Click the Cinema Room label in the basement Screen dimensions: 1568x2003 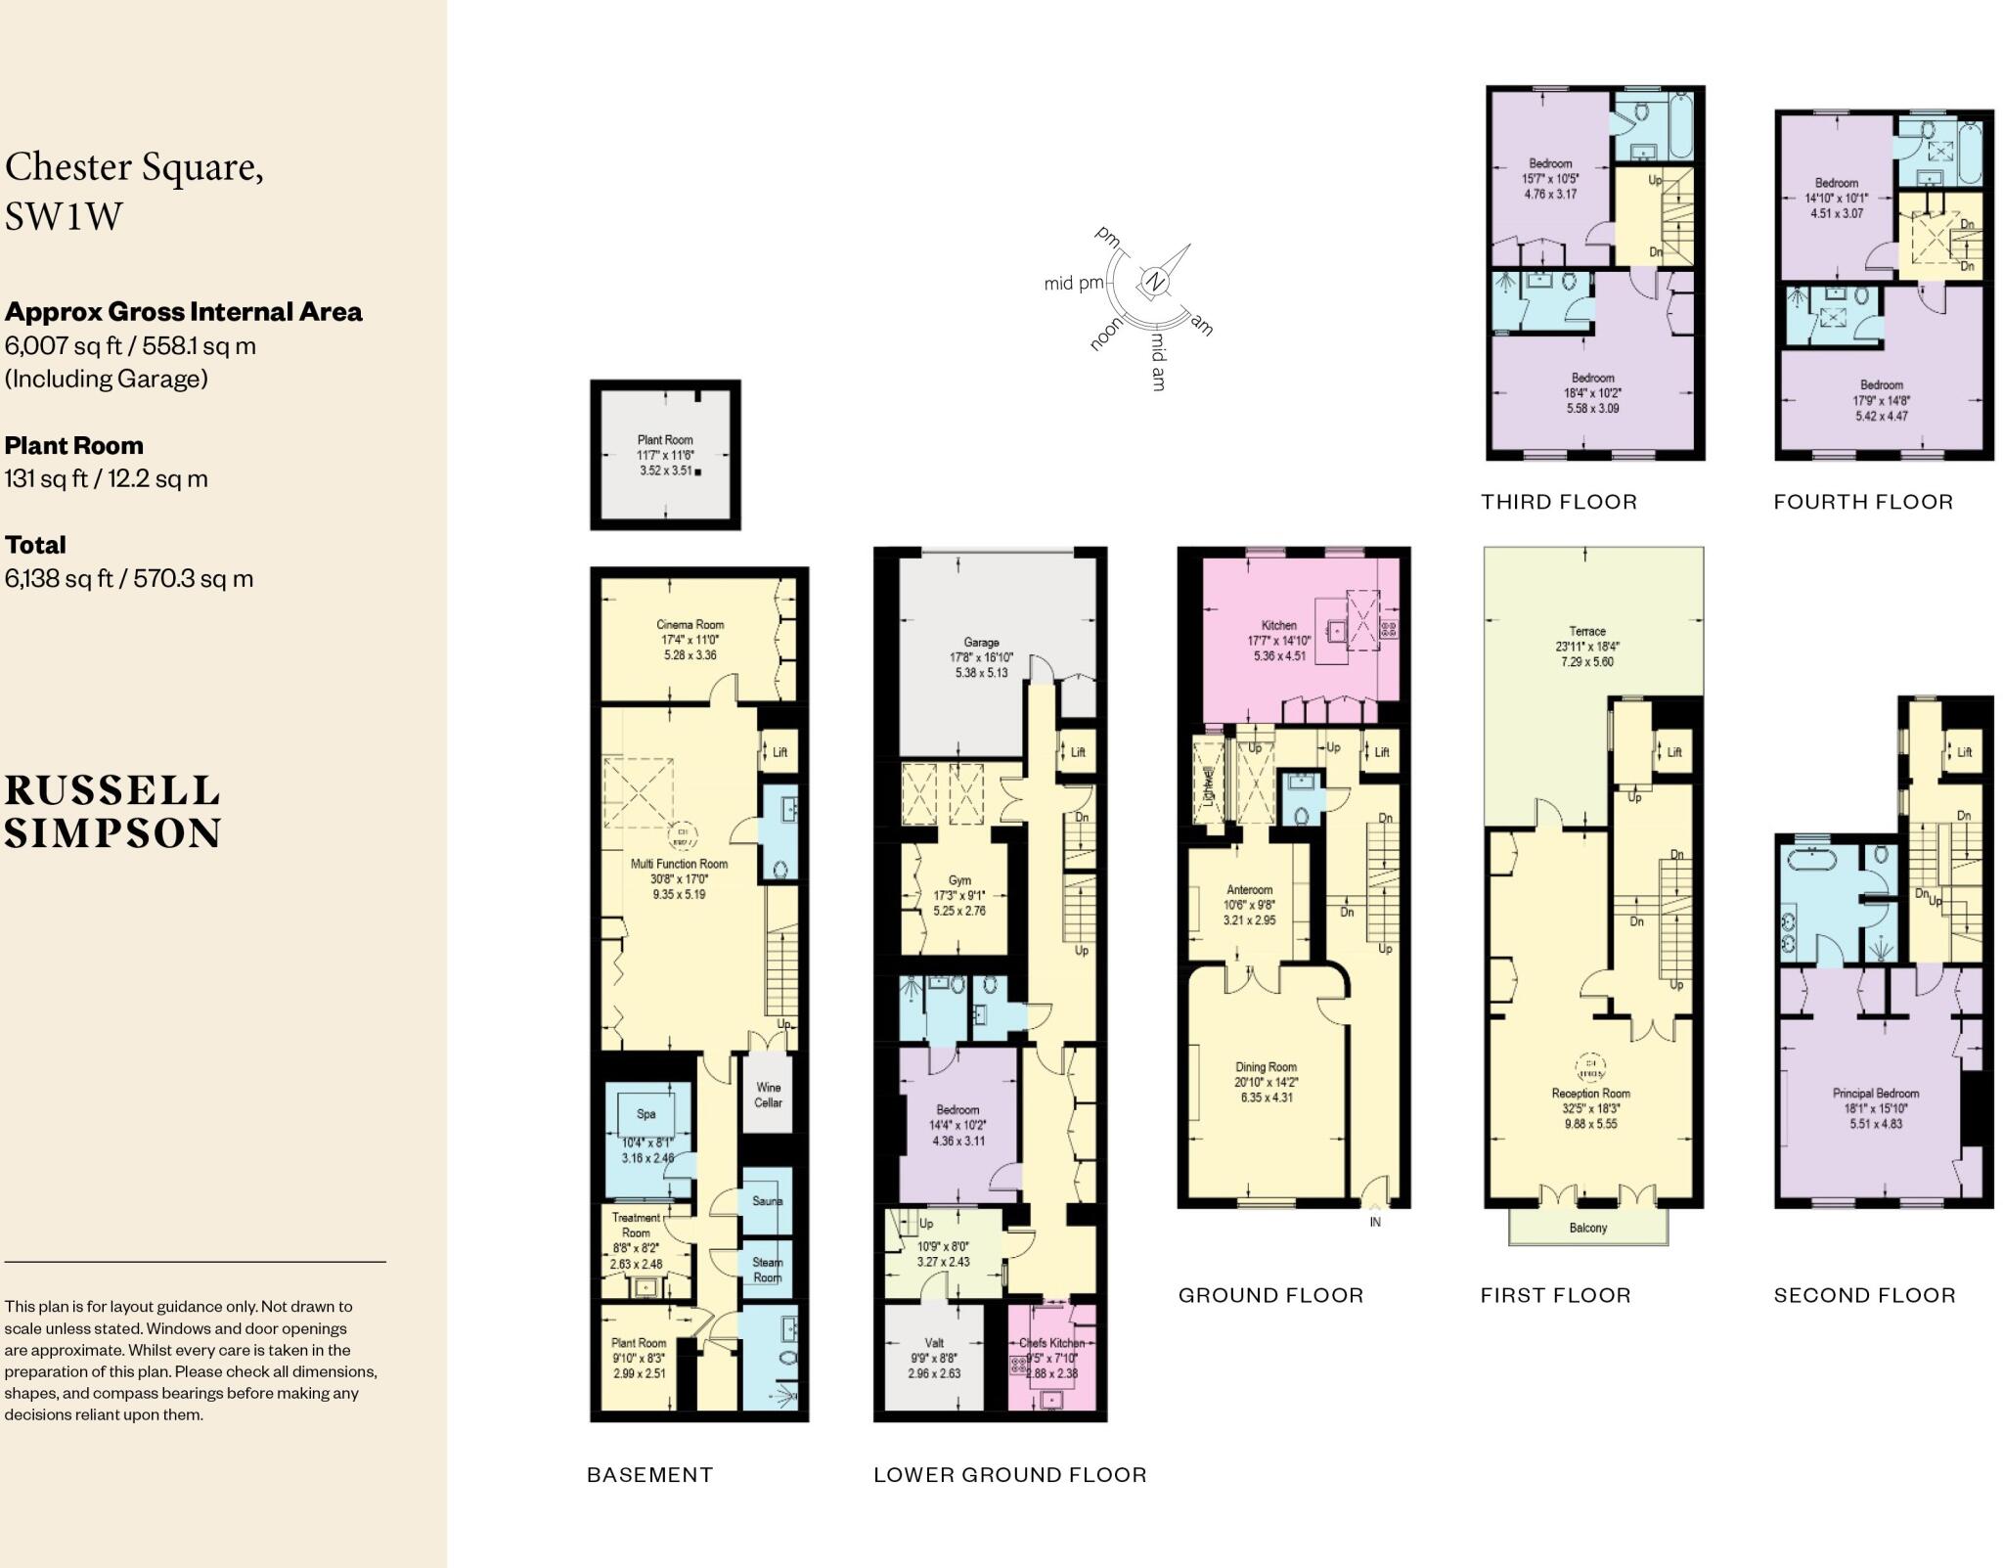tap(690, 624)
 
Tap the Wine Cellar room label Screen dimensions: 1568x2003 tap(768, 1095)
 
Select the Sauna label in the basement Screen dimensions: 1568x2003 tap(767, 1201)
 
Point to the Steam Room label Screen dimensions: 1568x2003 tap(767, 1270)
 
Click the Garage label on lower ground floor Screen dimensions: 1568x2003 tap(981, 643)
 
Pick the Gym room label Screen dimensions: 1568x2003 tap(958, 880)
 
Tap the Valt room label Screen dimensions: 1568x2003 tap(933, 1343)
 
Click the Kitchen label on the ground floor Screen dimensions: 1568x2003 tap(1278, 625)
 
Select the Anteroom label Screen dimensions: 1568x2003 tap(1249, 890)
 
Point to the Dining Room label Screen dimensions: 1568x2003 tap(1266, 1067)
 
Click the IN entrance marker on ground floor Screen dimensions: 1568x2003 tap(1375, 1222)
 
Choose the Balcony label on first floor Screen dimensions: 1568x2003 tap(1587, 1228)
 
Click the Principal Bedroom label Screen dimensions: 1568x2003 tap(1875, 1094)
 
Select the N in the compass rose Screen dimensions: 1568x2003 tap(1156, 282)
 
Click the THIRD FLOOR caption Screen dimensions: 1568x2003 tap(1558, 502)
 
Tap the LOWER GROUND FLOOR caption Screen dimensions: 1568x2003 tap(1009, 1474)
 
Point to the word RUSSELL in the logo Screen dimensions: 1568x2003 tap(112, 790)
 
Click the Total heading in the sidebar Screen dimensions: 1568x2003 tap(36, 545)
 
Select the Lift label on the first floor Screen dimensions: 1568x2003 tap(1674, 752)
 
